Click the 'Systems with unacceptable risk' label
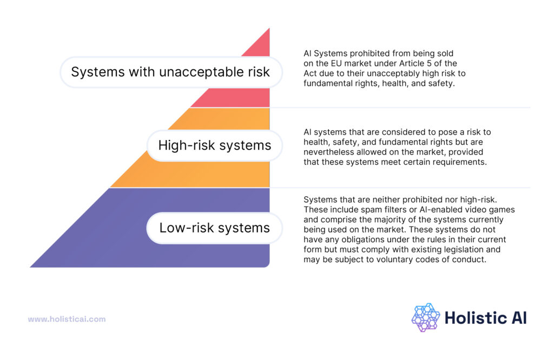click(x=170, y=72)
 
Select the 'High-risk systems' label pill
click(x=215, y=145)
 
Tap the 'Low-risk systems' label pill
click(x=215, y=228)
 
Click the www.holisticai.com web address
click(x=67, y=319)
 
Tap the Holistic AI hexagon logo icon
click(x=426, y=317)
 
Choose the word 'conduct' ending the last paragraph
click(x=471, y=259)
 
